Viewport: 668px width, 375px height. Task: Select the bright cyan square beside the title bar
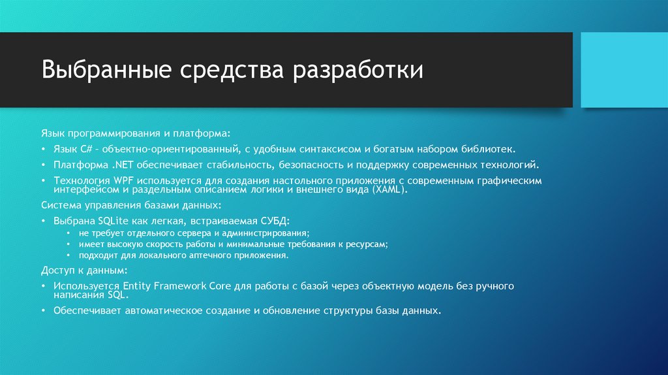point(624,70)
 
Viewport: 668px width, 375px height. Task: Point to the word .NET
point(123,165)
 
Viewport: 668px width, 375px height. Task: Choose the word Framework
point(180,285)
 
